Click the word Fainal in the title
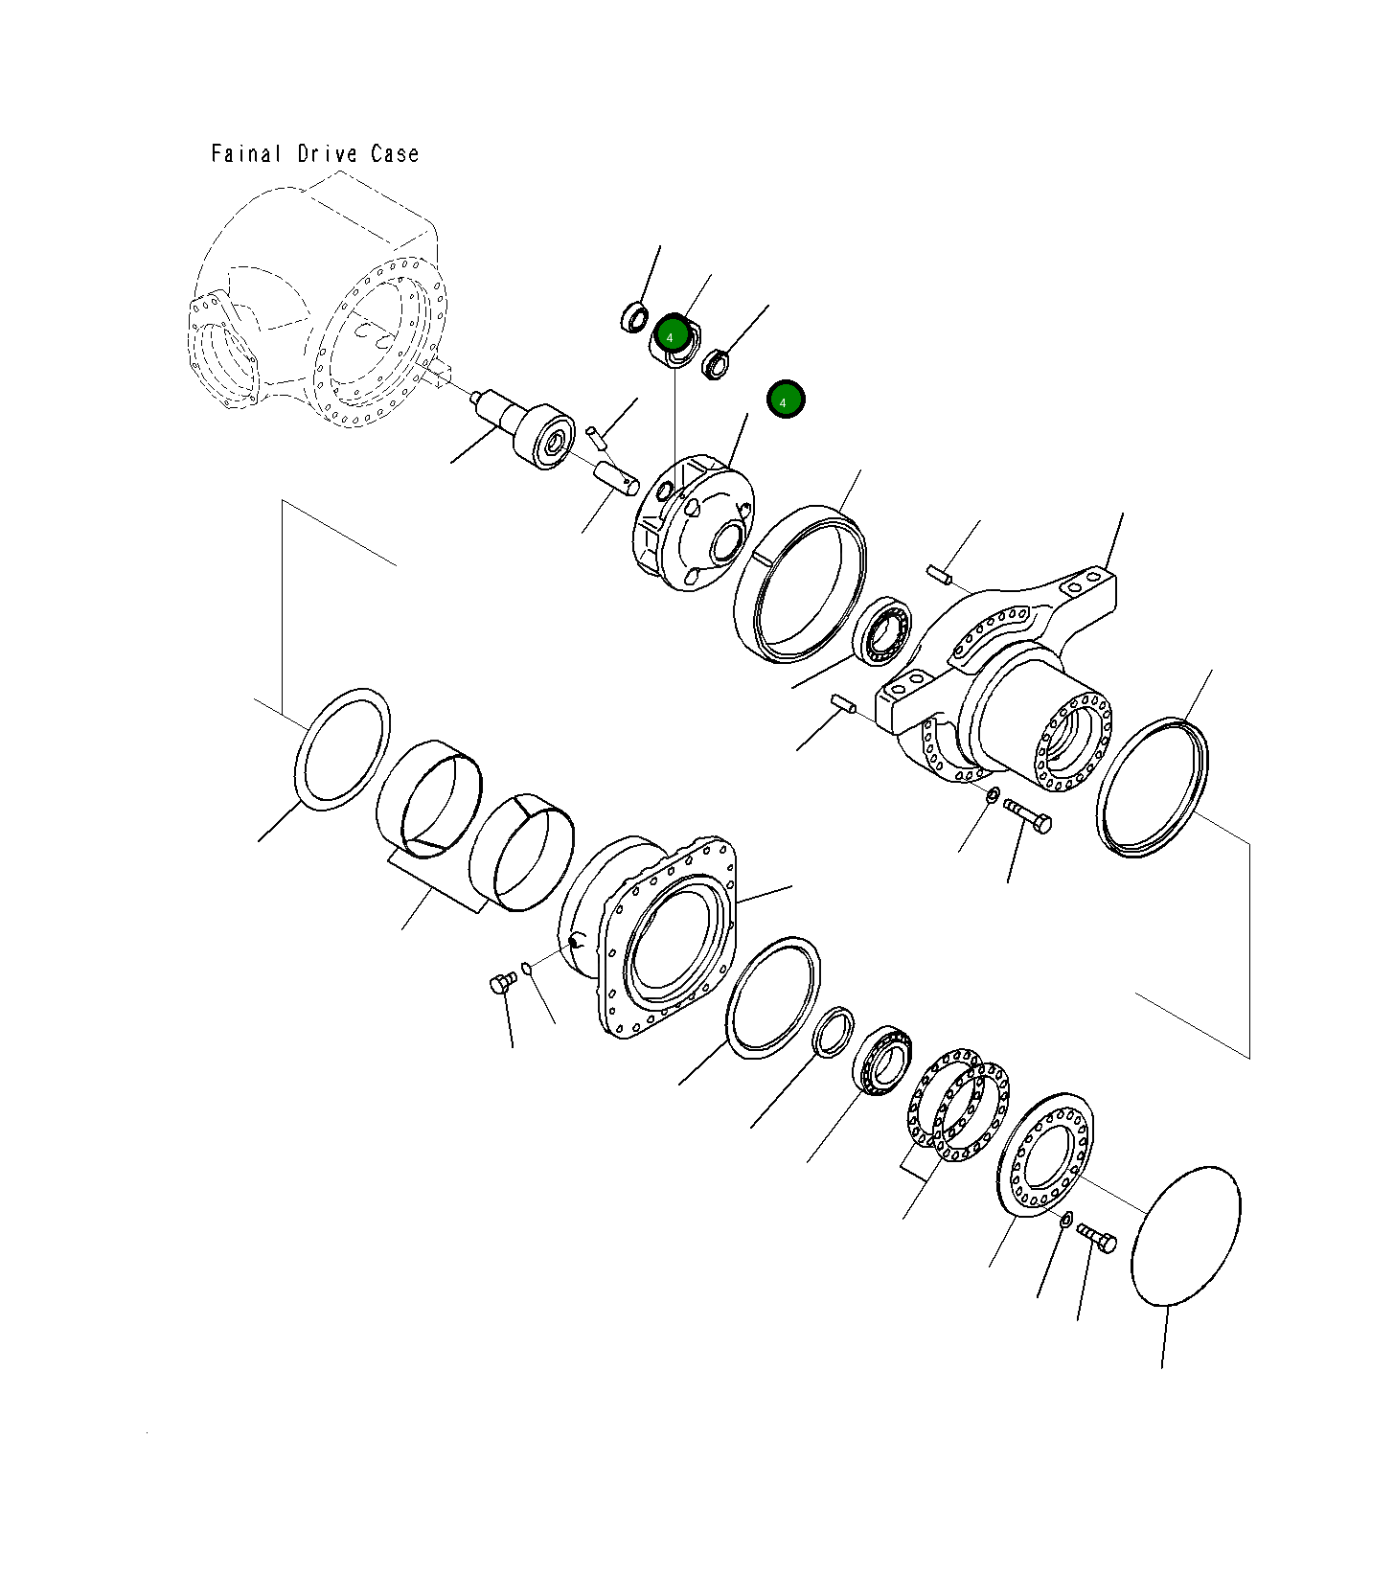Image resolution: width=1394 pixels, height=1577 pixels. click(246, 153)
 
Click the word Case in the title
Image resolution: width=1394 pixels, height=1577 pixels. click(395, 153)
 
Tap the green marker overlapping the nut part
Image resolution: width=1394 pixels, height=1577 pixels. click(672, 336)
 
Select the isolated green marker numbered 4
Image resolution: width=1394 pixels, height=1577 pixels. click(785, 400)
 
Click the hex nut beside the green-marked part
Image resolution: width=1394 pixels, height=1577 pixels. click(715, 364)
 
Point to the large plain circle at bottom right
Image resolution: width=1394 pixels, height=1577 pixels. click(1186, 1236)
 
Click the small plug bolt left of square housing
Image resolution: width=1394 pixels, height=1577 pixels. click(502, 982)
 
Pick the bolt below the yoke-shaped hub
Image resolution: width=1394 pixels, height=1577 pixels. click(1028, 816)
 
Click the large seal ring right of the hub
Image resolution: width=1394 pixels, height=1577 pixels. click(1152, 786)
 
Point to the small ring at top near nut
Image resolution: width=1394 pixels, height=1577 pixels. click(634, 316)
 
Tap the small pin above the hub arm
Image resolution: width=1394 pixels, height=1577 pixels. click(938, 574)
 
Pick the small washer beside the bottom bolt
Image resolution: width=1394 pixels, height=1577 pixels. click(1065, 1220)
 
